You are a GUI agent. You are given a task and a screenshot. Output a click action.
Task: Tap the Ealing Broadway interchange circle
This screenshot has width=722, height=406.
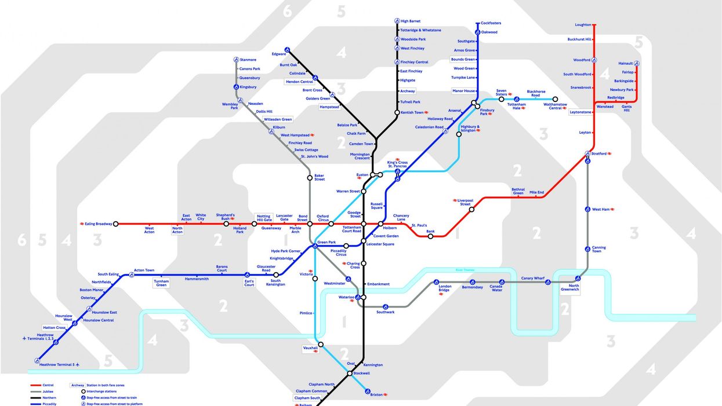pyautogui.click(x=116, y=224)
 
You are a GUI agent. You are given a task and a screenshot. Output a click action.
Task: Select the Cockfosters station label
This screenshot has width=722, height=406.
pyautogui.click(x=491, y=23)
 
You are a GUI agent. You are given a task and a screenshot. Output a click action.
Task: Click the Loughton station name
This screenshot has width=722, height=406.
pyautogui.click(x=583, y=25)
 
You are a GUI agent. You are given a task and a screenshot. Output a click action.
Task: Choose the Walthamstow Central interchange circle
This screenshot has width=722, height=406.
pyautogui.click(x=555, y=99)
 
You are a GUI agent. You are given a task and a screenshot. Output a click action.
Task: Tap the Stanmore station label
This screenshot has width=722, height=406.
pyautogui.click(x=248, y=60)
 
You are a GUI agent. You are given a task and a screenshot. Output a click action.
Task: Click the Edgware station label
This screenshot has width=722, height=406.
pyautogui.click(x=279, y=54)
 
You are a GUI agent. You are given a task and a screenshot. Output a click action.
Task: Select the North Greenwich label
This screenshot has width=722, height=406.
pyautogui.click(x=573, y=288)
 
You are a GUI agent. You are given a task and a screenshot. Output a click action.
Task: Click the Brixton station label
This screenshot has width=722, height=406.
pyautogui.click(x=376, y=394)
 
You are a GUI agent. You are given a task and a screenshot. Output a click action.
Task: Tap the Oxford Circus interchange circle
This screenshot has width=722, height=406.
pyautogui.click(x=331, y=224)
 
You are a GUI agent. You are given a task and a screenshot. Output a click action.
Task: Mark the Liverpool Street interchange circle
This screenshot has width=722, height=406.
pyautogui.click(x=471, y=209)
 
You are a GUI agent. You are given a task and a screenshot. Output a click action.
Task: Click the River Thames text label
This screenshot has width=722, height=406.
pyautogui.click(x=465, y=270)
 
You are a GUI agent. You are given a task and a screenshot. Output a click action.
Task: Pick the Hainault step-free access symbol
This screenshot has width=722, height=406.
pyautogui.click(x=636, y=64)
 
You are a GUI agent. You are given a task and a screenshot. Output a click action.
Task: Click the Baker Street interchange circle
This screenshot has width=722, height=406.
pyautogui.click(x=310, y=178)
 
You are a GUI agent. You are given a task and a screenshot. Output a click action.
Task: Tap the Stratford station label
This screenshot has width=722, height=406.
pyautogui.click(x=598, y=153)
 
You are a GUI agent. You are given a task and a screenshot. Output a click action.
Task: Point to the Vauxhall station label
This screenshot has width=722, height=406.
pyautogui.click(x=310, y=348)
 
